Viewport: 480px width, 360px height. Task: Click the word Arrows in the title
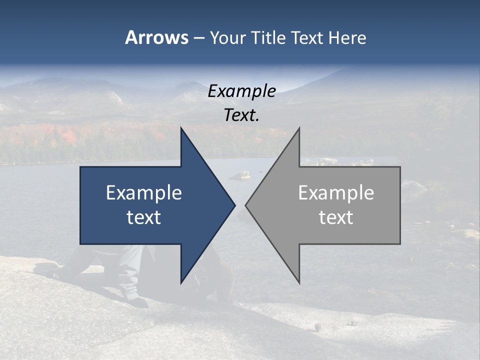(156, 37)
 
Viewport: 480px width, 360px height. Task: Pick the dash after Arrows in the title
(198, 38)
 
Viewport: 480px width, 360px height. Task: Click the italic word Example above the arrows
(242, 91)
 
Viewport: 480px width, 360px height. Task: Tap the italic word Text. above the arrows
(242, 115)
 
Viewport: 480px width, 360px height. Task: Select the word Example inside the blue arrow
(144, 192)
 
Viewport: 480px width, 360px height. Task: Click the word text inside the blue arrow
(144, 217)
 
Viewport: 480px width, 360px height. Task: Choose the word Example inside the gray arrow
(336, 192)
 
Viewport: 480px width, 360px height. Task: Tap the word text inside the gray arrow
(336, 217)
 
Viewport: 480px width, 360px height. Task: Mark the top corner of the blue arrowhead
(181, 128)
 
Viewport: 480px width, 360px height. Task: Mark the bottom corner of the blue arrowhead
(181, 282)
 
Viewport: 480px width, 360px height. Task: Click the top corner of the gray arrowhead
(299, 128)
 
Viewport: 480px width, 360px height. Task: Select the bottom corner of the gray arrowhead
(299, 282)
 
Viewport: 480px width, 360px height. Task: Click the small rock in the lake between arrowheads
(244, 175)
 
